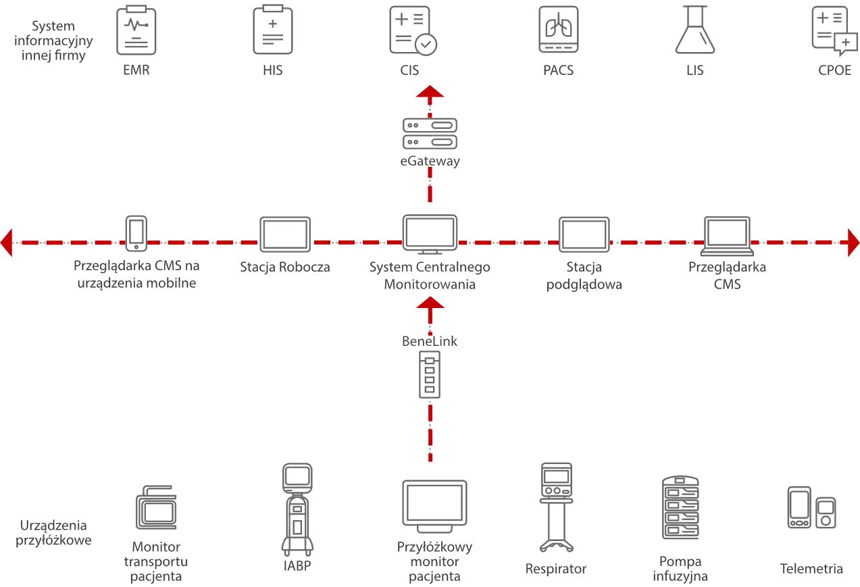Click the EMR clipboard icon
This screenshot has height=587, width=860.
tap(136, 30)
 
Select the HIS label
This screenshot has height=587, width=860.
tap(272, 70)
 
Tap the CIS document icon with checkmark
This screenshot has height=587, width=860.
tap(413, 30)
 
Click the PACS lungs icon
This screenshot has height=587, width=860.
tap(558, 30)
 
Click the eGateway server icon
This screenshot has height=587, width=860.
tap(430, 133)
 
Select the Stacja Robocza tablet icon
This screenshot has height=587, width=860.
tap(285, 234)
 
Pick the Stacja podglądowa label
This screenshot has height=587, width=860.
tap(583, 276)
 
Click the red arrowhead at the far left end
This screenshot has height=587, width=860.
tap(7, 243)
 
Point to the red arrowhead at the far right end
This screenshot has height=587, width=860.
tap(853, 243)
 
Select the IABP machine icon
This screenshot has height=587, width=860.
tap(297, 508)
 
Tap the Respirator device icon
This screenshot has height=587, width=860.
tap(557, 507)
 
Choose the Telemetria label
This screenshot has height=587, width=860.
tap(811, 569)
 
